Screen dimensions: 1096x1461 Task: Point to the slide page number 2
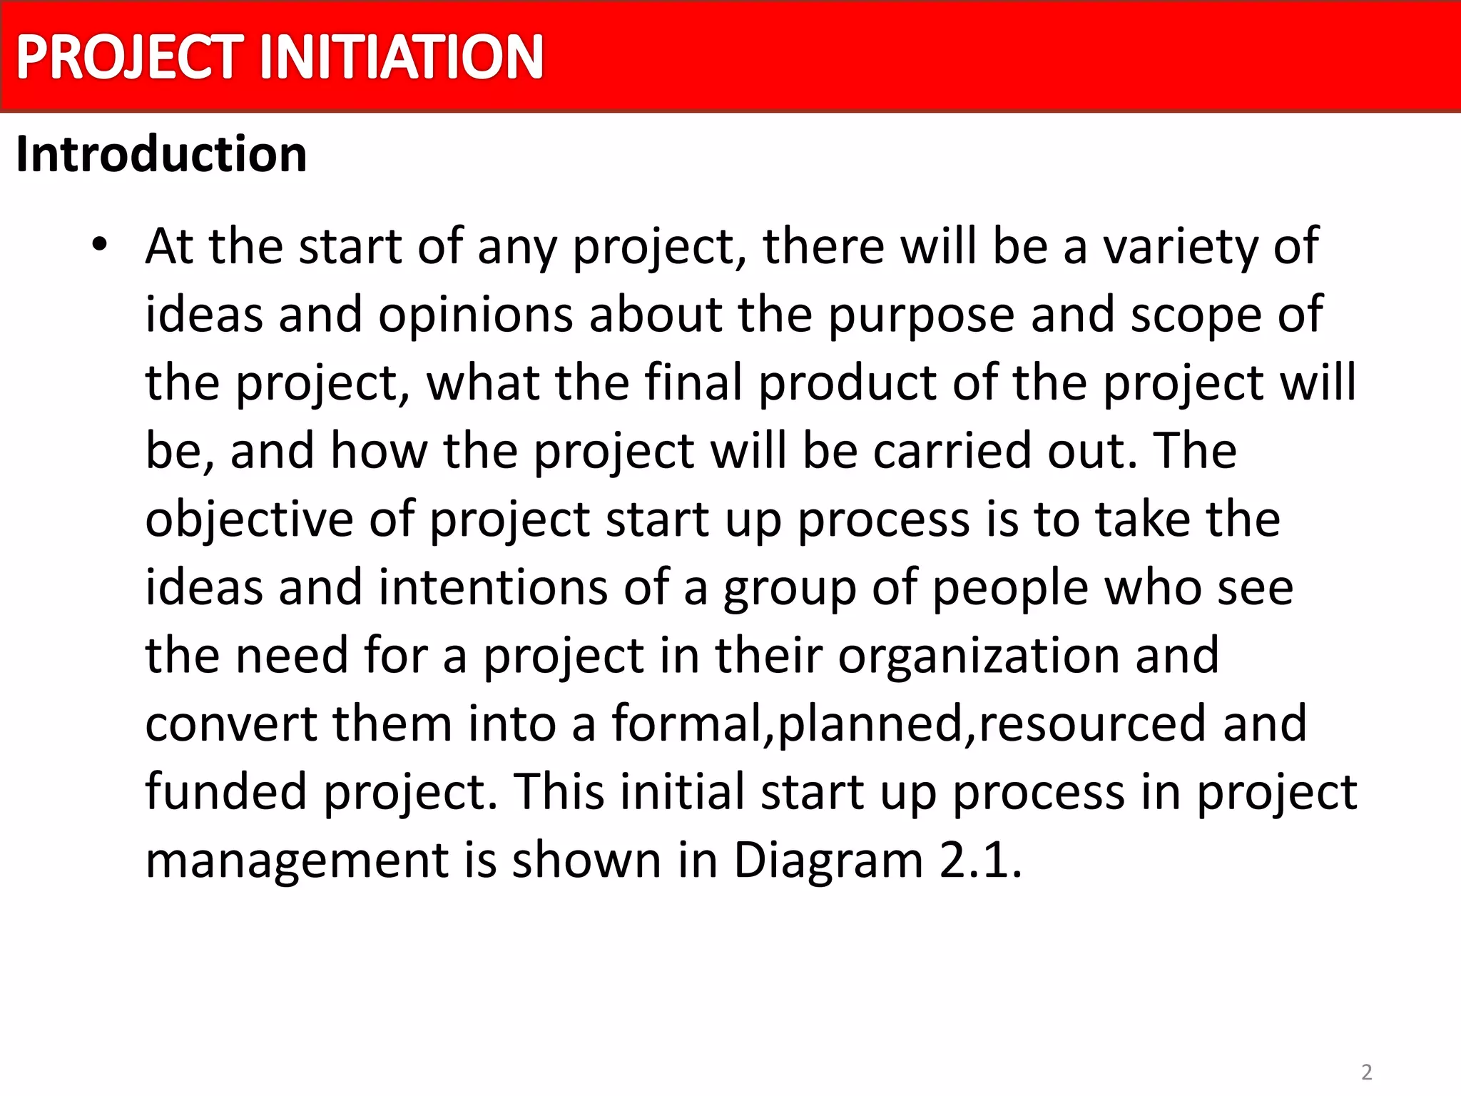[x=1366, y=1072]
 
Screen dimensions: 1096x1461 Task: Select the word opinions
[x=476, y=315]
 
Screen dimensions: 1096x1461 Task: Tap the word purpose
[x=921, y=315]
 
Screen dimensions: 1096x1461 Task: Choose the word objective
[x=249, y=519]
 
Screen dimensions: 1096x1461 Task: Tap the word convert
[x=231, y=724]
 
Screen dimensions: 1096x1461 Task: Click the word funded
[x=226, y=792]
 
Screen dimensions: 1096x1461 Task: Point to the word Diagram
[x=828, y=861]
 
